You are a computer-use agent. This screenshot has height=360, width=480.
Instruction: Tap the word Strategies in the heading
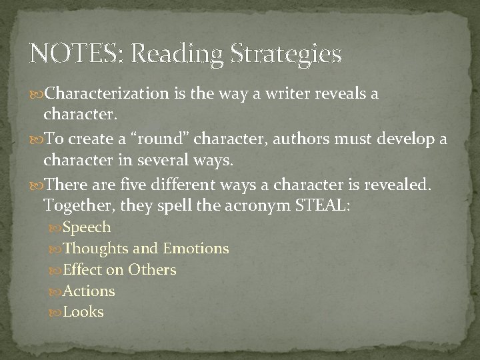tap(287, 54)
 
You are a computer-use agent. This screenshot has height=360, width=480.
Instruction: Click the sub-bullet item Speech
tap(87, 227)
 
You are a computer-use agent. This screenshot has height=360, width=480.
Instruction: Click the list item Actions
tap(89, 291)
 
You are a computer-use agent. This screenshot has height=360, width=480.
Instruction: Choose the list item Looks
tap(83, 312)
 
